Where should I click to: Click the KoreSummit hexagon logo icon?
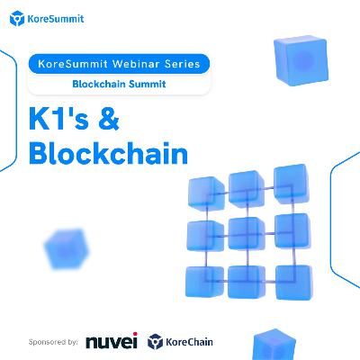[x=17, y=19]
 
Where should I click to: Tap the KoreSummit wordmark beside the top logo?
[x=56, y=19]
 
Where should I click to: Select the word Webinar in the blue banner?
[x=136, y=64]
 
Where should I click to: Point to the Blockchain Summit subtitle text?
[x=119, y=84]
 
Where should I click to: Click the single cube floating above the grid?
[x=301, y=60]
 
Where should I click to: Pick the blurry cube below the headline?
[x=67, y=248]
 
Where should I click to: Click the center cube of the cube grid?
[x=247, y=233]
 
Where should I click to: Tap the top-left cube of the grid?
[x=206, y=193]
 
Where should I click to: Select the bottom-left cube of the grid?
[x=204, y=282]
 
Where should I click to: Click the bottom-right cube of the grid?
[x=293, y=283]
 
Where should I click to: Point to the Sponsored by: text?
[x=53, y=342]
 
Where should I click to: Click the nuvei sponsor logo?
[x=112, y=341]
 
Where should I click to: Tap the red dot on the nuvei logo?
[x=135, y=334]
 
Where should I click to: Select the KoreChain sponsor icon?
[x=155, y=342]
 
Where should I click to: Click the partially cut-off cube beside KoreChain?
[x=274, y=345]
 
